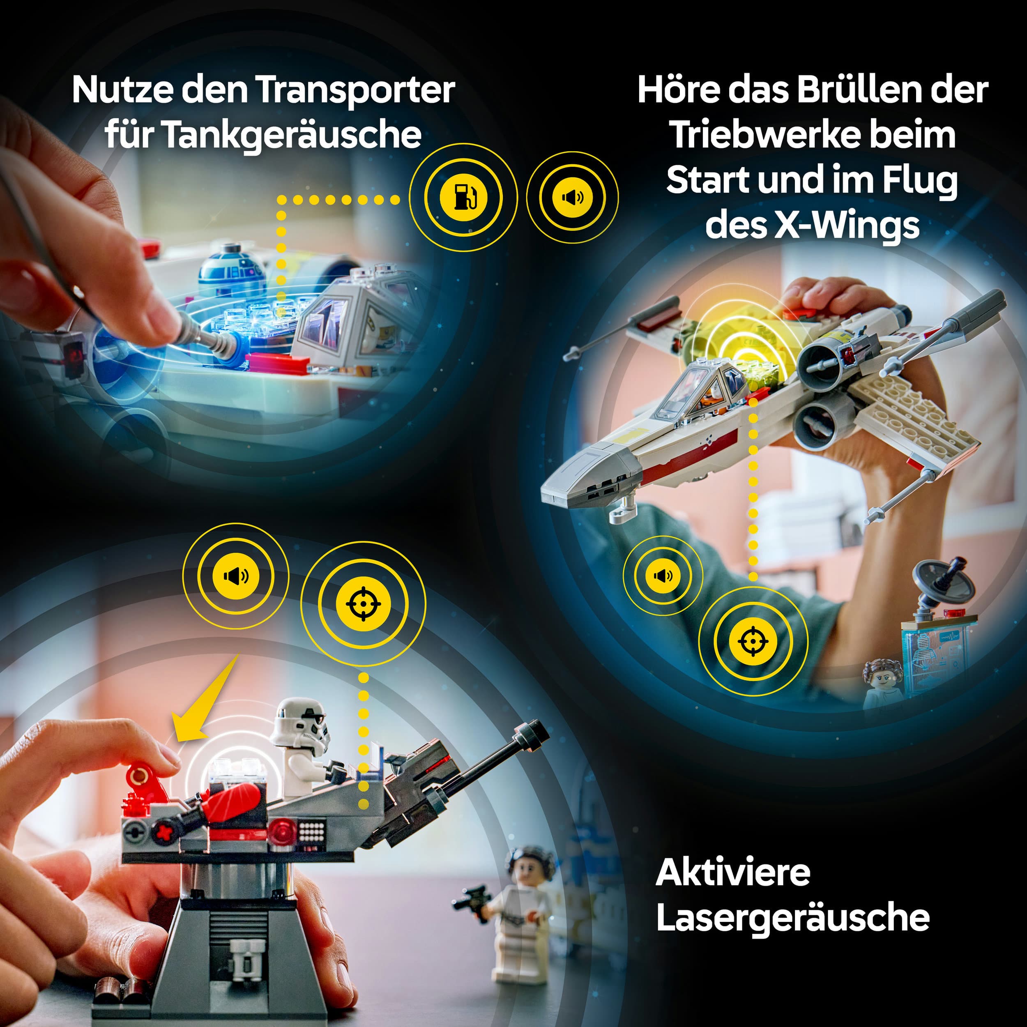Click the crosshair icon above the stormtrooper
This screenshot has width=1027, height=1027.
[364, 604]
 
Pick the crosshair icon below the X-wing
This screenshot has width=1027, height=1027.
[753, 641]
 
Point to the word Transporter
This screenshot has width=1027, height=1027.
[356, 91]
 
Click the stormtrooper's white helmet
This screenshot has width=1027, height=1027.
[300, 723]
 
